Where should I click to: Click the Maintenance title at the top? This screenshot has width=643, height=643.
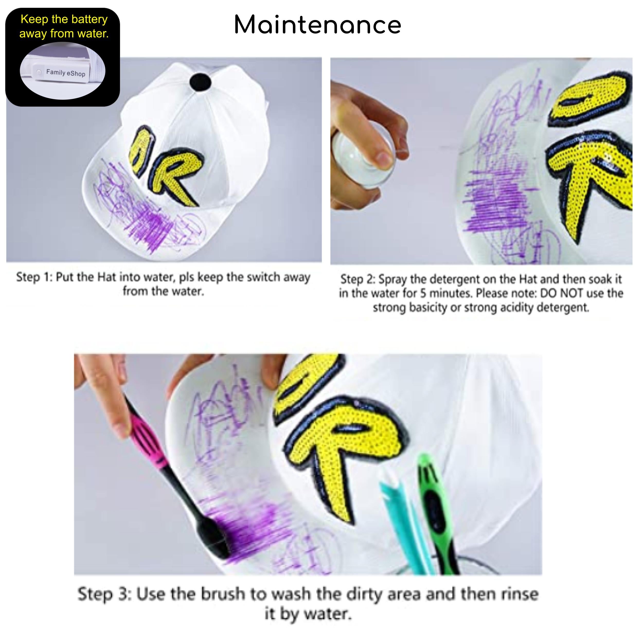[318, 25]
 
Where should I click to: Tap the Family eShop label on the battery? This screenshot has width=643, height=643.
[66, 73]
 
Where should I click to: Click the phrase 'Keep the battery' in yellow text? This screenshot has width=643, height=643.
[64, 20]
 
